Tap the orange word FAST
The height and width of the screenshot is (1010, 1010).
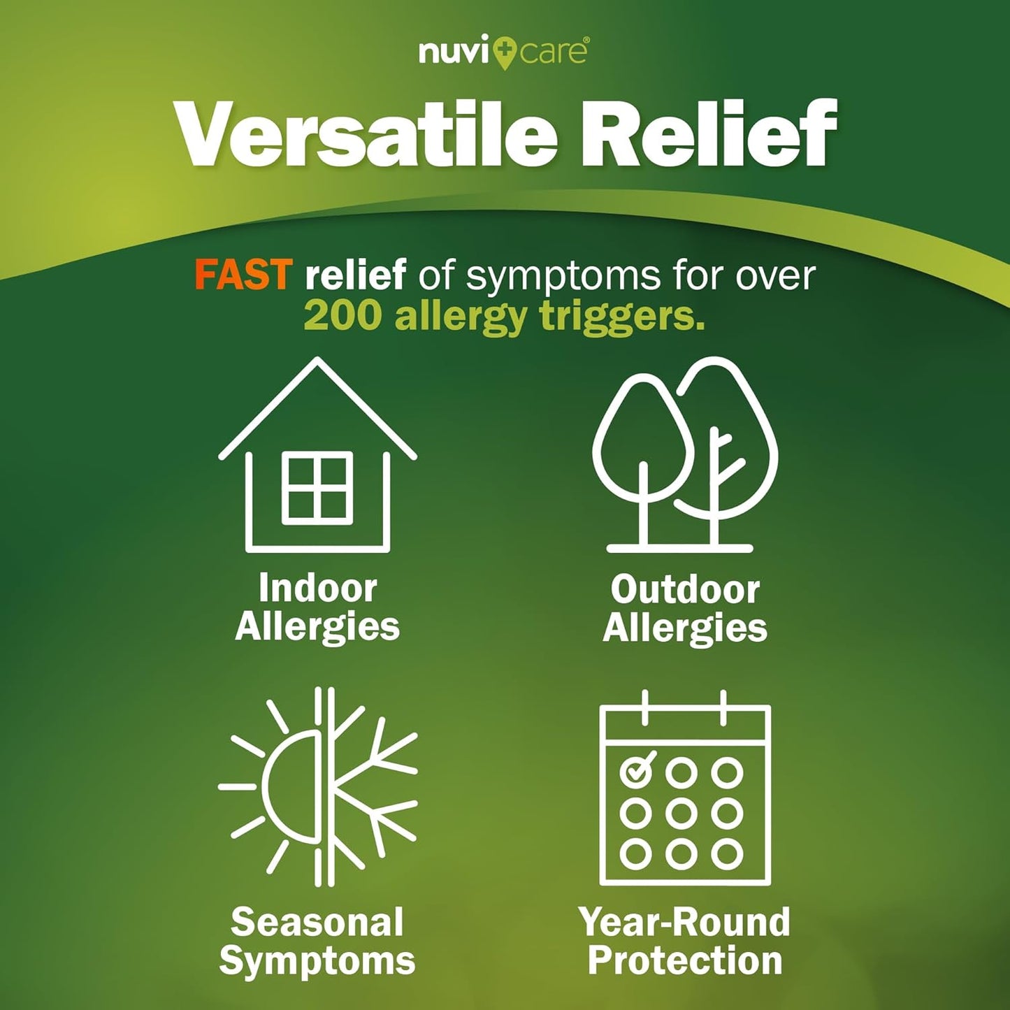(242, 274)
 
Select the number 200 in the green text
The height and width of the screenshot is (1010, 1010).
(342, 316)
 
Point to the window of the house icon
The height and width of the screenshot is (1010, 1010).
(317, 487)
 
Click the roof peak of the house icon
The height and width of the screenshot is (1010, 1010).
(317, 363)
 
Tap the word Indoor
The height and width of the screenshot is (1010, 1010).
(317, 588)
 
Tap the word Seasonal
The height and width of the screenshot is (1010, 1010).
(317, 922)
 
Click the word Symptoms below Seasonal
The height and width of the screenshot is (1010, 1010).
(317, 960)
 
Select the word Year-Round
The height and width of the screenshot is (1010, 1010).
(684, 922)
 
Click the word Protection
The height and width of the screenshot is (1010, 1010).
(685, 960)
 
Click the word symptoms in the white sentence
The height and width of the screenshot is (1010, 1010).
(563, 275)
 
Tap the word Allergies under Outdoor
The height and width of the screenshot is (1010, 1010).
(685, 628)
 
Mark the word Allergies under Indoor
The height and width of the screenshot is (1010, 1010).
(317, 626)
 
